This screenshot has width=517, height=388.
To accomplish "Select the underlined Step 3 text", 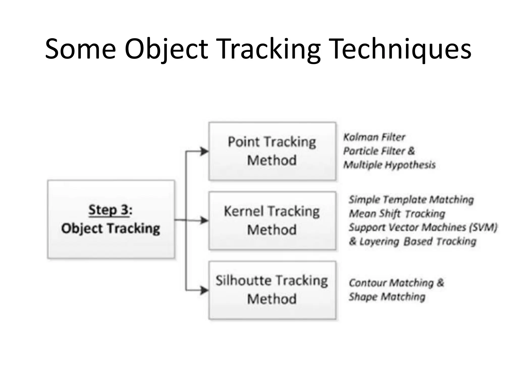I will point(109,210).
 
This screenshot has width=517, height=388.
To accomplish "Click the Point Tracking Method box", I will point(272,151).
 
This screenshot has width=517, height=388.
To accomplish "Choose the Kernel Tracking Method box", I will point(272,221).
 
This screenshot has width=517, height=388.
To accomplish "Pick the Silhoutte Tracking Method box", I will point(272,290).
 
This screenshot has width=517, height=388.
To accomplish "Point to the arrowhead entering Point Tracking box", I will point(204,151).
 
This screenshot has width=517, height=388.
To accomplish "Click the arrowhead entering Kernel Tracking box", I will point(204,221).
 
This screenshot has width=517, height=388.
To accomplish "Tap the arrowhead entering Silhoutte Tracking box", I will point(204,290).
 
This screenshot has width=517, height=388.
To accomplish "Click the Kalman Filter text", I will point(374,137).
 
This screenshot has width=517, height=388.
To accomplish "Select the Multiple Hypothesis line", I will point(389,165).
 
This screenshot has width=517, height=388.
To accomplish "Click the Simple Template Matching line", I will point(411,200).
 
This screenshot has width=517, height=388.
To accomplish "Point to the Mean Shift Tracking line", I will point(397,214).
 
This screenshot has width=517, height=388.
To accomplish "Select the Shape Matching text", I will point(387,297).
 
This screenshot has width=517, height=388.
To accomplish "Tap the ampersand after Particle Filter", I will point(411,151).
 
